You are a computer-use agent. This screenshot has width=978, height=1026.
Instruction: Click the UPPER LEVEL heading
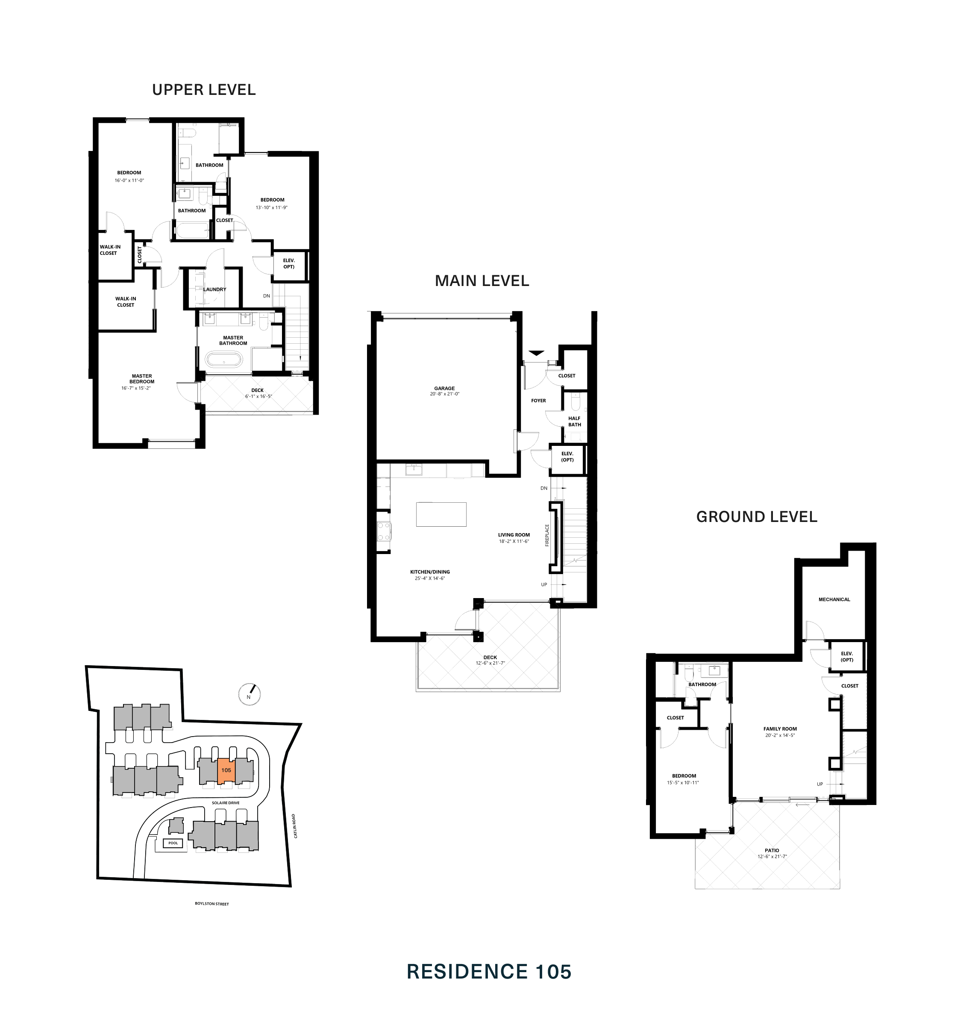[x=204, y=90]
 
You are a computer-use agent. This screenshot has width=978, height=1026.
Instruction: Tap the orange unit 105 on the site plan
[x=226, y=771]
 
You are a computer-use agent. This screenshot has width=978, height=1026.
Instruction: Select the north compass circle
[x=249, y=694]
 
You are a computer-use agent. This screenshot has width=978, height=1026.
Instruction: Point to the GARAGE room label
[x=444, y=388]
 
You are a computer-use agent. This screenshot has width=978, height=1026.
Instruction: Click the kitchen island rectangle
[x=441, y=514]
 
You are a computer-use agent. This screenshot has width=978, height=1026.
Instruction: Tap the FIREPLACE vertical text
[x=547, y=535]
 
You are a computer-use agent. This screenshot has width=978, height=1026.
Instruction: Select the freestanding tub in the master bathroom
[x=223, y=360]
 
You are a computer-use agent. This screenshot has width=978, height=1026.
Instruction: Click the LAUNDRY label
[x=215, y=289]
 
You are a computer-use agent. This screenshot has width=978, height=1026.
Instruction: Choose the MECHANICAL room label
[x=834, y=599]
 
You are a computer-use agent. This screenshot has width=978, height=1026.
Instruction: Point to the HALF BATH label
[x=575, y=422]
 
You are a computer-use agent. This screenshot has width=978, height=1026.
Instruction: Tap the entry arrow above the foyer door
[x=537, y=353]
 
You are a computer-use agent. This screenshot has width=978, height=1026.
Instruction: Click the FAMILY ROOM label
[x=780, y=729]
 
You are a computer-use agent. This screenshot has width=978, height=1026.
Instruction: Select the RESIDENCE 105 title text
[x=489, y=972]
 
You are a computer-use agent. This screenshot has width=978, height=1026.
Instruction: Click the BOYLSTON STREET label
[x=211, y=904]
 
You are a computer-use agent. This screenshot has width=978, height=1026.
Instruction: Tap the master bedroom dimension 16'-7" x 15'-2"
[x=136, y=388]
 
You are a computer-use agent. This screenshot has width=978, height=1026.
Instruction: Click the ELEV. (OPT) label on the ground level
[x=847, y=657]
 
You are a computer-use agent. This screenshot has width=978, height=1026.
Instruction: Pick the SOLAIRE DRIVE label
[x=226, y=803]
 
